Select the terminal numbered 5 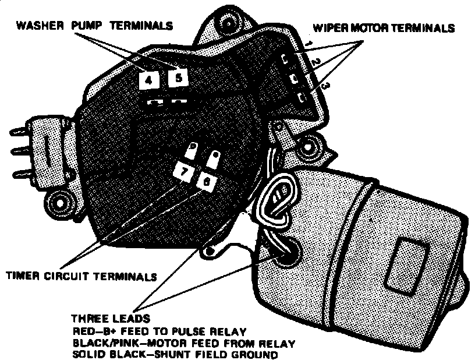pyautogui.click(x=179, y=76)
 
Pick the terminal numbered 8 pyautogui.click(x=207, y=181)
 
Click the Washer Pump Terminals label pyautogui.click(x=94, y=26)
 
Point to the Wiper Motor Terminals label pyautogui.click(x=384, y=27)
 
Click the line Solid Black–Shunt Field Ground pyautogui.click(x=173, y=354)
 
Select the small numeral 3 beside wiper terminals pyautogui.click(x=326, y=86)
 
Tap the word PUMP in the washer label pyautogui.click(x=75, y=26)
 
